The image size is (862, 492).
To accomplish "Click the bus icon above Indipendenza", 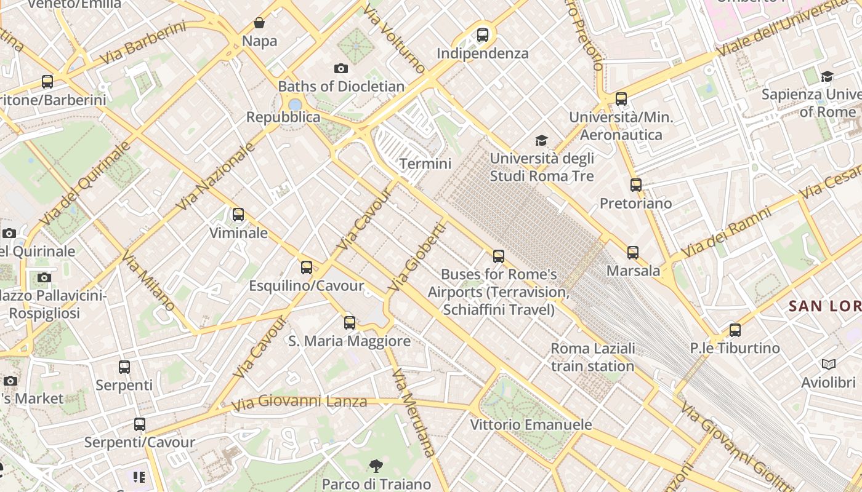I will (x=483, y=35).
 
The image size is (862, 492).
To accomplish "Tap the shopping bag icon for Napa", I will (x=260, y=23).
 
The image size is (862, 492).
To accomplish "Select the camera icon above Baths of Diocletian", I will (x=340, y=68).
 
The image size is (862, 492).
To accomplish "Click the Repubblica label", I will (x=283, y=117).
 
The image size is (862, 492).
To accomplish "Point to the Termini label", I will (x=425, y=164).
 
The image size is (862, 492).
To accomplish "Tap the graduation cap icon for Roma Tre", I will (x=541, y=141).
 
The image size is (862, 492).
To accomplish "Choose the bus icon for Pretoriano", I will (x=635, y=184).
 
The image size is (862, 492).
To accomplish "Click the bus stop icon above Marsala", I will (x=633, y=252).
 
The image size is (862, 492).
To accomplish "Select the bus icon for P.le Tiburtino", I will (x=735, y=330).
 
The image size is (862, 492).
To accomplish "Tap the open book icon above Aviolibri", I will (x=829, y=365).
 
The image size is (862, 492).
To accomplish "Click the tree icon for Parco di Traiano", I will (x=376, y=466).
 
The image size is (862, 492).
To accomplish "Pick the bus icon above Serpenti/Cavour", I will (x=140, y=424).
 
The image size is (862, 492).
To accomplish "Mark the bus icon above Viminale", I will (x=238, y=215).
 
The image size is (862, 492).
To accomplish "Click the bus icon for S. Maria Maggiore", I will (x=350, y=322).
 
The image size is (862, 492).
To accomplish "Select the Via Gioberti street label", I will (x=417, y=257).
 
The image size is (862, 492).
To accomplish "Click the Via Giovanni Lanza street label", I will (x=299, y=403).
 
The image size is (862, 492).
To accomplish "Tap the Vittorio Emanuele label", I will (x=531, y=425).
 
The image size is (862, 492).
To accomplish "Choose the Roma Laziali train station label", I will (x=592, y=357).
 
